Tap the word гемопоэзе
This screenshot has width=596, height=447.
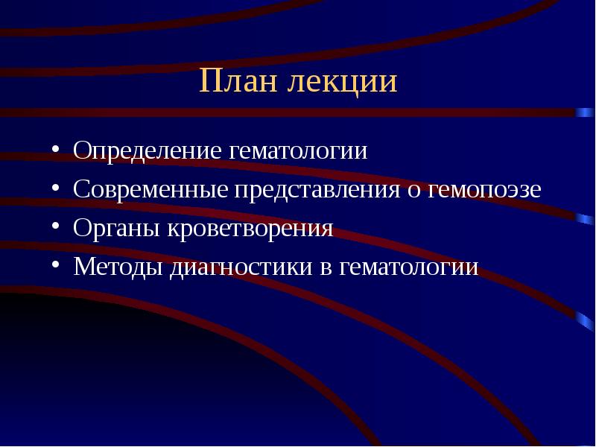click(x=485, y=189)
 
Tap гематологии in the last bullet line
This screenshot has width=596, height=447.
click(x=409, y=267)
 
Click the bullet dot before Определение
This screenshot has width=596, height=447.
click(x=57, y=151)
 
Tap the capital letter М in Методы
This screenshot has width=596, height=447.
click(x=83, y=267)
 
